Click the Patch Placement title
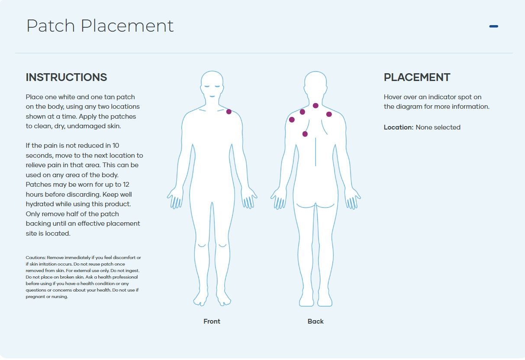[100, 26]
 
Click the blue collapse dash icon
[493, 26]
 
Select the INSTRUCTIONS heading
[66, 78]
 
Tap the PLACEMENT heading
[417, 78]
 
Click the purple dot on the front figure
[229, 112]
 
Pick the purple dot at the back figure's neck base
[316, 105]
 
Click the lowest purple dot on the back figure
[305, 134]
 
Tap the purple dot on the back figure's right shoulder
[329, 114]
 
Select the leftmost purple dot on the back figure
[292, 120]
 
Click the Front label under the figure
[212, 321]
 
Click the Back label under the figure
[316, 321]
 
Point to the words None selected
[438, 127]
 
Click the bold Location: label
[399, 127]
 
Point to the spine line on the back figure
[316, 152]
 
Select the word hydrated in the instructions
[40, 204]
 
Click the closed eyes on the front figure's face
[212, 86]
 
